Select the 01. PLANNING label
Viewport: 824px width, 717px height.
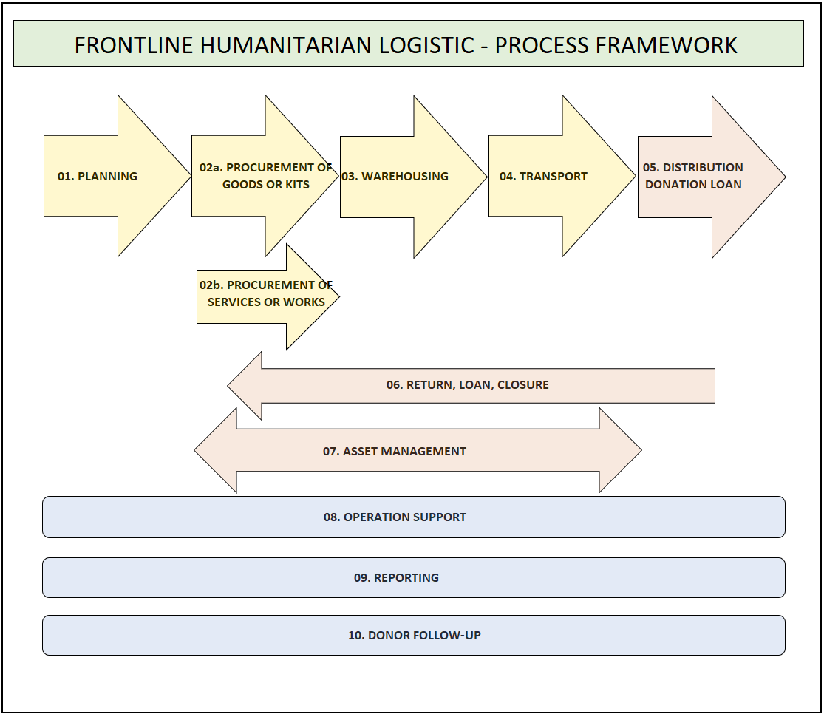click(x=98, y=176)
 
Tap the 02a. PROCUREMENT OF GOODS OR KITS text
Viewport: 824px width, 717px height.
click(x=265, y=176)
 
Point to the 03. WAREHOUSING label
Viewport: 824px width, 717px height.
click(x=395, y=176)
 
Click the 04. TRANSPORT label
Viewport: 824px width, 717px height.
click(x=543, y=176)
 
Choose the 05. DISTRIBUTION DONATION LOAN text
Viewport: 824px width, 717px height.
click(x=693, y=176)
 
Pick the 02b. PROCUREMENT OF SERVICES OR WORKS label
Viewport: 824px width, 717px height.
click(x=266, y=293)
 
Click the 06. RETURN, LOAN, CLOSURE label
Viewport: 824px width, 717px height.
click(x=468, y=385)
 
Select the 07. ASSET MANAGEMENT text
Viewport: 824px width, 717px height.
click(x=395, y=451)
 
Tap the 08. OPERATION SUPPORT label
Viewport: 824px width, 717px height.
click(x=395, y=517)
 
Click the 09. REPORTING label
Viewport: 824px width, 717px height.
click(x=396, y=578)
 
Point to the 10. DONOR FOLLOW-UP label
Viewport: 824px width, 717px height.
click(x=415, y=636)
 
